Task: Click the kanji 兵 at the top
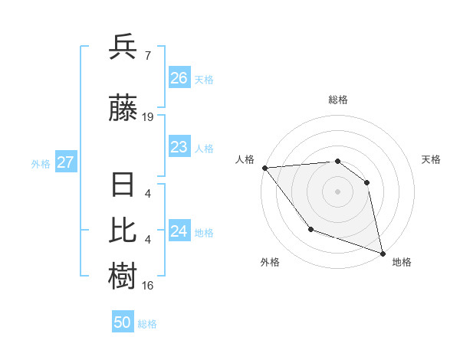tap(123, 47)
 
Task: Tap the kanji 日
tap(123, 186)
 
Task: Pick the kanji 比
tap(123, 229)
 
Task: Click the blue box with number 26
tap(179, 78)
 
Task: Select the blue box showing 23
tap(179, 147)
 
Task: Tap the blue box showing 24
tap(179, 231)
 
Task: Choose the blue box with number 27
tap(65, 162)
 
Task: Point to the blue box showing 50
tap(123, 322)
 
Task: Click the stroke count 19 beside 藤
tap(148, 117)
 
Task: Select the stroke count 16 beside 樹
tap(148, 286)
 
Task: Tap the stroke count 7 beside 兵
tap(147, 56)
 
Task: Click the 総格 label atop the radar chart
tap(337, 100)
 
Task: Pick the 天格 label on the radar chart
tap(431, 159)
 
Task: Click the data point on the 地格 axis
tap(382, 252)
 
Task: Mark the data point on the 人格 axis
tap(264, 168)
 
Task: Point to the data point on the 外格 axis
tap(310, 228)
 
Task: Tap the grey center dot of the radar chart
tap(337, 191)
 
